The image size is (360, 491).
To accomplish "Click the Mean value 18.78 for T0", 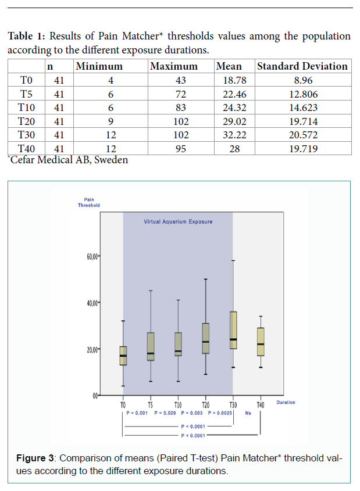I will (229, 80).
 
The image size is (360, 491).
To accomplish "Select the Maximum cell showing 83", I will (183, 107).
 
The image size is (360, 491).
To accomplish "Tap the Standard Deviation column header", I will (302, 66).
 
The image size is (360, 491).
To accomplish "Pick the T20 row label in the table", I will (27, 121).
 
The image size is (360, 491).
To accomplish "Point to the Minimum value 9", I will (111, 121).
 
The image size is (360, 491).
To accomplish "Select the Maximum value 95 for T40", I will (183, 149).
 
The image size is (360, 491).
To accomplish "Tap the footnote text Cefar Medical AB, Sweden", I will (69, 160).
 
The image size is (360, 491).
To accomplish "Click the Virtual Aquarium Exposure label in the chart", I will (178, 222).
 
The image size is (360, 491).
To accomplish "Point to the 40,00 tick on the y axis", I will (93, 303).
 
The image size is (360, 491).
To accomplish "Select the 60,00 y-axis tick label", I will (93, 256).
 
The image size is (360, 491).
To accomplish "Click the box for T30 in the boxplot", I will (233, 330).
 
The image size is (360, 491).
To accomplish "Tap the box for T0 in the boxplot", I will (123, 356).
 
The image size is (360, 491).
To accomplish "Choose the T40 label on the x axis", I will (261, 404).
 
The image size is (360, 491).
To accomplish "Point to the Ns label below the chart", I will (248, 413).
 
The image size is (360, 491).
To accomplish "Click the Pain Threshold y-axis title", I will (89, 203).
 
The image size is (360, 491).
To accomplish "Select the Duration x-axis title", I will (286, 402).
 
